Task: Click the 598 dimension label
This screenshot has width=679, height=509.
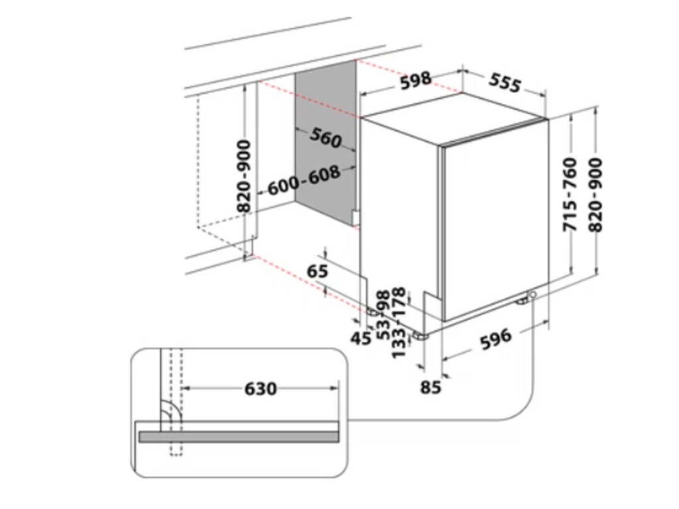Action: point(416,80)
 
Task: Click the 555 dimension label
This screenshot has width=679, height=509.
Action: point(505,83)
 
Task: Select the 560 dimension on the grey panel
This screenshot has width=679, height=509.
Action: point(326,139)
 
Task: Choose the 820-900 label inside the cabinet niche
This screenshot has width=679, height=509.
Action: point(244,176)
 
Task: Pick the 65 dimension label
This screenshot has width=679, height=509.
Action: point(318,271)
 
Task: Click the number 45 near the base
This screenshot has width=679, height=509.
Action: point(361,337)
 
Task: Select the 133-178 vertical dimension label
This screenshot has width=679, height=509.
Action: point(399,323)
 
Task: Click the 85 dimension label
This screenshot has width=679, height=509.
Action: point(430,387)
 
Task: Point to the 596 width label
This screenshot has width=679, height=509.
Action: point(496,339)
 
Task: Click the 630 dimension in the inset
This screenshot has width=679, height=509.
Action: point(261,388)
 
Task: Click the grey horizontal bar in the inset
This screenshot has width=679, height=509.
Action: point(239,437)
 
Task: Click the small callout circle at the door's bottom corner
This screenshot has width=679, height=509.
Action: point(533,295)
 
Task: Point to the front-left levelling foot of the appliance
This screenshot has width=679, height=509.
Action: point(420,335)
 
